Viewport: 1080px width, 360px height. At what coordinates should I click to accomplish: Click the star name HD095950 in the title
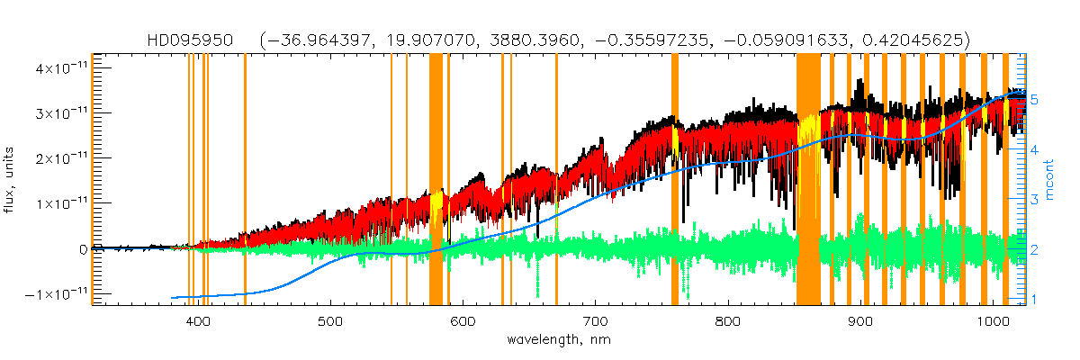(x=191, y=40)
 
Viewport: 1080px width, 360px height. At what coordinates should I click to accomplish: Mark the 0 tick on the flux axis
(x=83, y=249)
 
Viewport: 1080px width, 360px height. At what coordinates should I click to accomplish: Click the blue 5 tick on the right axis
(x=1034, y=101)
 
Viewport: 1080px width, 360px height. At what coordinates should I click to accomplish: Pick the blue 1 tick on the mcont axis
(x=1034, y=299)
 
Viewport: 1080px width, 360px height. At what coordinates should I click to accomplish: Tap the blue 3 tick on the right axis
(x=1034, y=200)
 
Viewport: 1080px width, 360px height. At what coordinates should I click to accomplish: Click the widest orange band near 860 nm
(x=808, y=180)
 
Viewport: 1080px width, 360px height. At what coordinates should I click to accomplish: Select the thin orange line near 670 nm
(x=556, y=180)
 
